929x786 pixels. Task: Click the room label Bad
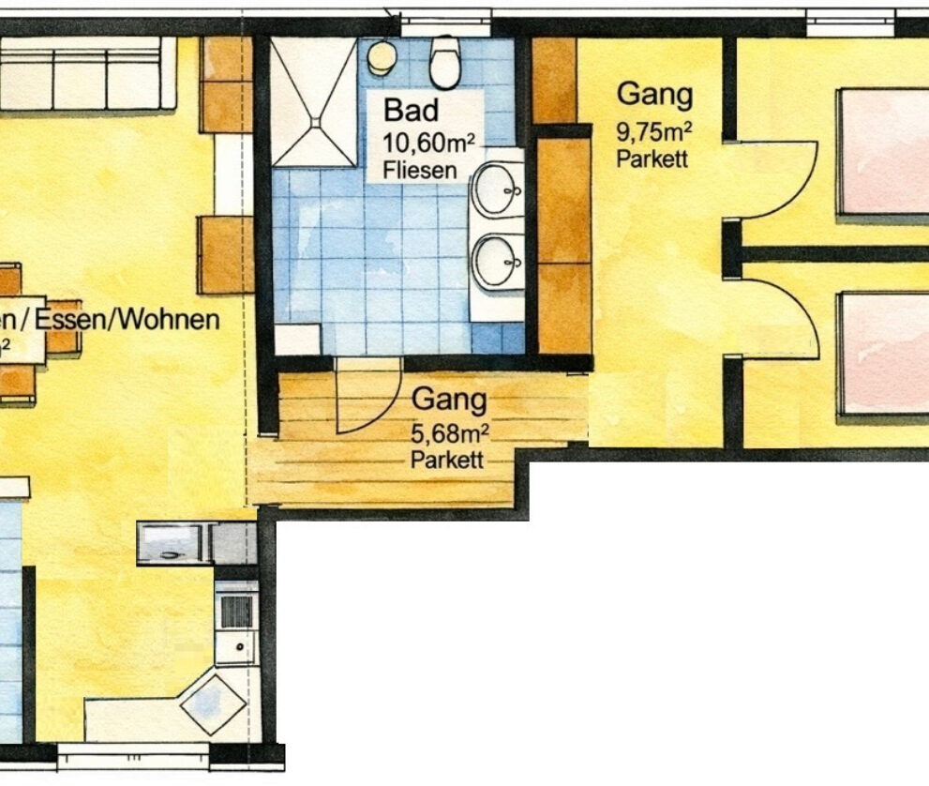click(411, 109)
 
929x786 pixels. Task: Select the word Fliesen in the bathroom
click(420, 171)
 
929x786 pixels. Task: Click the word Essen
click(83, 319)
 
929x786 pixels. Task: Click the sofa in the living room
click(84, 75)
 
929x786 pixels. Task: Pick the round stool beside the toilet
click(381, 57)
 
